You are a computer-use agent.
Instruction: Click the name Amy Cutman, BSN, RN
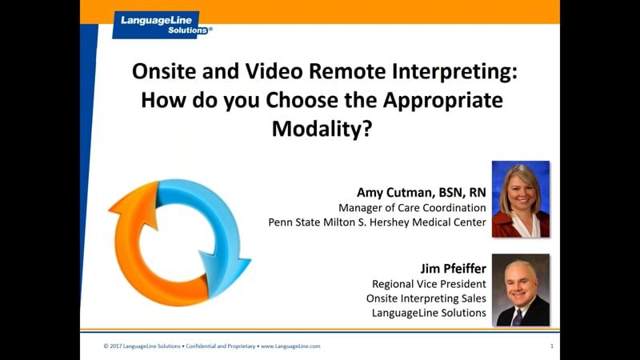point(422,193)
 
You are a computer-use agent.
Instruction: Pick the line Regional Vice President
point(429,284)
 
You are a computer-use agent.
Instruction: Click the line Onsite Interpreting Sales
point(426,298)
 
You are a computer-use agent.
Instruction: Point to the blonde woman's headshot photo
point(520,199)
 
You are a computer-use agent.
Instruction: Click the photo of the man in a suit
point(520,290)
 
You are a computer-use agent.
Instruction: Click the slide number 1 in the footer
point(552,346)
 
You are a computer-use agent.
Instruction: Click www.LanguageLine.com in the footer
point(290,346)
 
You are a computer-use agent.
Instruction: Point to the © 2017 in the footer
point(114,346)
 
